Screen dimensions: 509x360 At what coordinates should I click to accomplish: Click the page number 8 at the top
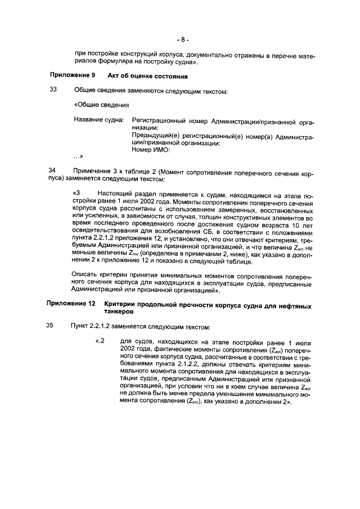point(183,40)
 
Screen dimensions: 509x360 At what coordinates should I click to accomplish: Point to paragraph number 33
point(53,91)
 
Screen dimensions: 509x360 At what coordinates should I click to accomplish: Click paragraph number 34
point(53,170)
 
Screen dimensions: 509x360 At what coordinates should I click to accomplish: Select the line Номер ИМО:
point(150,150)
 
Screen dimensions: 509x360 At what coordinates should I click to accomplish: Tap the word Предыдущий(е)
point(154,136)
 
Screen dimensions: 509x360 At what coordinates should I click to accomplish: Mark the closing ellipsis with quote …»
point(78,157)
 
